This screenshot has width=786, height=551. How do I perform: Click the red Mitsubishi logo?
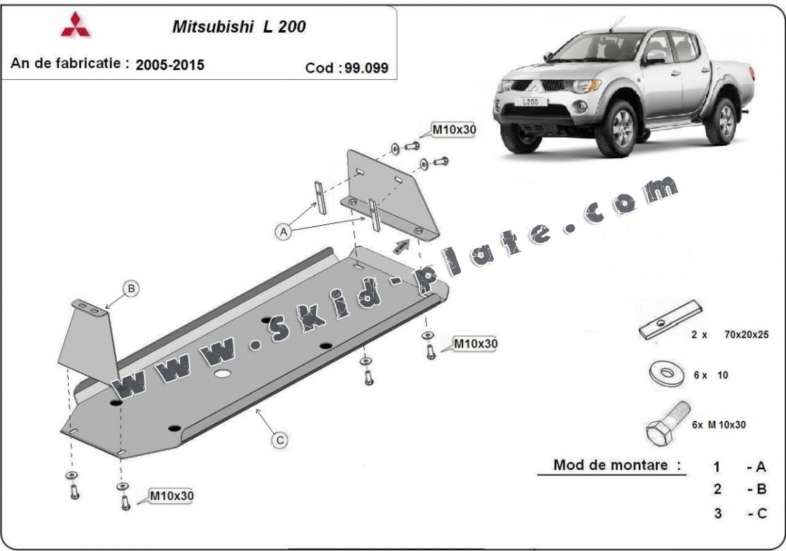(76, 25)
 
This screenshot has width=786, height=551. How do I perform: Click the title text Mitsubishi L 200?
(239, 27)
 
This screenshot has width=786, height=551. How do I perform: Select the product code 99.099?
(366, 68)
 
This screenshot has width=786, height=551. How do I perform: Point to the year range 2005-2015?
(170, 65)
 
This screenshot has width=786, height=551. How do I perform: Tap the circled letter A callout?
(284, 232)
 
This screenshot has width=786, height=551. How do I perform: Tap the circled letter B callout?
(131, 288)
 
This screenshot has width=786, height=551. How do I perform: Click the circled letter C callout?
(280, 440)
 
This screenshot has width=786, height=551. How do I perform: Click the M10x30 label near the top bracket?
(454, 130)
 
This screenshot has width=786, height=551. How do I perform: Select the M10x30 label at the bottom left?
(171, 496)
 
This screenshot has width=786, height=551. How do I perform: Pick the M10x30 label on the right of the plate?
(475, 344)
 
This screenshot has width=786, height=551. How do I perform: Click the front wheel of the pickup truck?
(619, 129)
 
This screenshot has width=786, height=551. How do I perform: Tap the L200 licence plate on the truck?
(530, 102)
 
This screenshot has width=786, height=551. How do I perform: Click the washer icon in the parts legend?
(666, 374)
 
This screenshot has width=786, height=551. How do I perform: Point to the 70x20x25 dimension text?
(746, 334)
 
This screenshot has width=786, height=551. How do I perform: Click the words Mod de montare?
(610, 465)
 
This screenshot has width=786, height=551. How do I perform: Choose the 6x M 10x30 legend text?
(719, 425)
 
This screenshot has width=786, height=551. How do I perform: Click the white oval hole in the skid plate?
(222, 374)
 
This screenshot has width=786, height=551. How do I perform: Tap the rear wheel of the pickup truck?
(723, 120)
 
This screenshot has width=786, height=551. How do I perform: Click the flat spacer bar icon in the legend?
(670, 320)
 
